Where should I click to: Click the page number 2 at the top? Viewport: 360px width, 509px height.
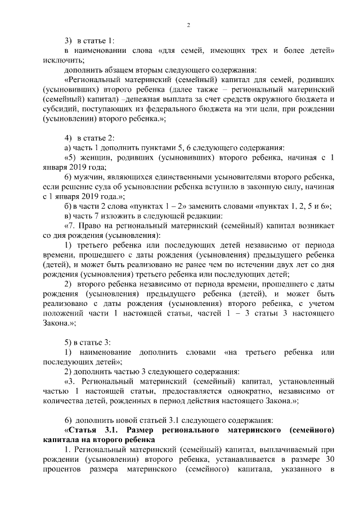coord(189,25)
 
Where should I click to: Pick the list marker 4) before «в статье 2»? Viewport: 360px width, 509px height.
coord(68,138)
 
